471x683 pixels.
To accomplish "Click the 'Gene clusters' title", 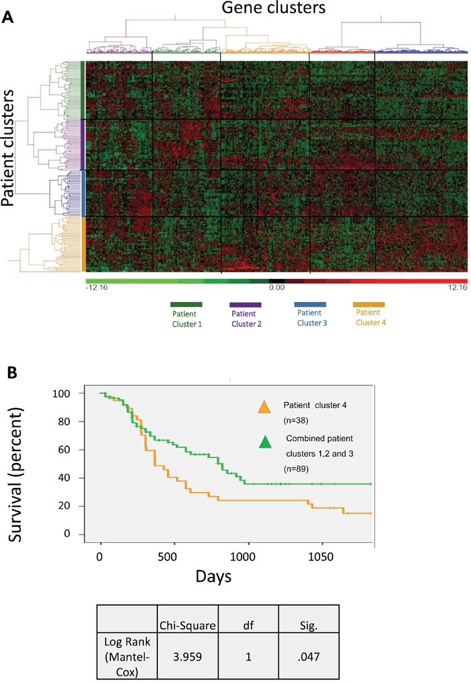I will click(x=268, y=9).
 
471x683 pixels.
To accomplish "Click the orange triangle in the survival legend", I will click(x=265, y=407).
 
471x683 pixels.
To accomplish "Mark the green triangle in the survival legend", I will click(x=265, y=441).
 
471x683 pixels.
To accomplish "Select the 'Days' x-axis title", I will click(x=214, y=577).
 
